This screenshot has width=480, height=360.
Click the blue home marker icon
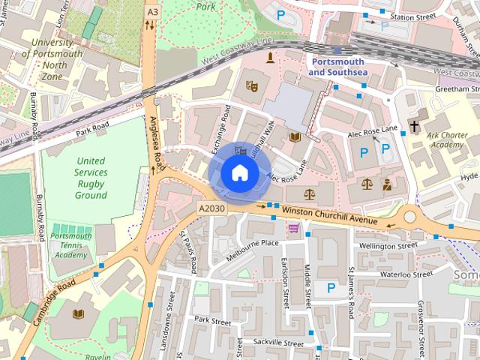[239, 173]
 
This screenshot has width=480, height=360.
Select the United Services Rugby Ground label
[91, 178]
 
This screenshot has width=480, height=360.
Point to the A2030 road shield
[212, 208]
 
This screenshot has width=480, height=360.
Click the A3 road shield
[153, 12]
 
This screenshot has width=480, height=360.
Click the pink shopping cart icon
[294, 227]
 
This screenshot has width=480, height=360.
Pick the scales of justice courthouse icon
[366, 183]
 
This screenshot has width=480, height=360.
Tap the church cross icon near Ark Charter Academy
[414, 125]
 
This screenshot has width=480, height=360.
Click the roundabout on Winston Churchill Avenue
[410, 218]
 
